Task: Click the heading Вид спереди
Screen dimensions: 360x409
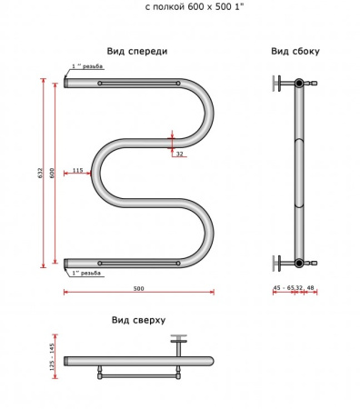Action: (137, 51)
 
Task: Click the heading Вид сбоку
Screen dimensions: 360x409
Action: (295, 51)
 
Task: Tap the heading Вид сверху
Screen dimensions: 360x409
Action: (138, 320)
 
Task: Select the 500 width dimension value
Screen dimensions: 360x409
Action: (138, 288)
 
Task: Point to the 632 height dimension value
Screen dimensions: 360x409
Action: (40, 173)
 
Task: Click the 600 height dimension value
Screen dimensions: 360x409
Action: (52, 173)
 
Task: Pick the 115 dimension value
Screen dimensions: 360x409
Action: (78, 170)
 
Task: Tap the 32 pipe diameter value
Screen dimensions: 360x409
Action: (180, 154)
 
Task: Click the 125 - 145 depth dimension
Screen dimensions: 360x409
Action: (52, 356)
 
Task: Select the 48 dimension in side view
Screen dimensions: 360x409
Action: (310, 287)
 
